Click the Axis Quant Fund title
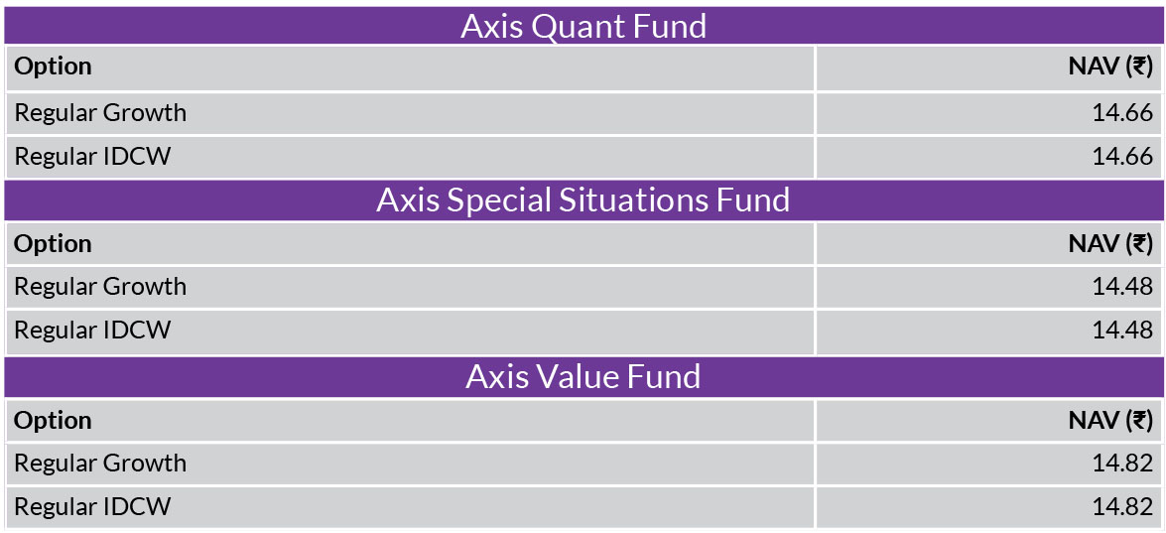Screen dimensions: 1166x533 click(x=583, y=26)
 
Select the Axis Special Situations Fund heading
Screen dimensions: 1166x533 click(x=583, y=200)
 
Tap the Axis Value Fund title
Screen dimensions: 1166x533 click(x=583, y=377)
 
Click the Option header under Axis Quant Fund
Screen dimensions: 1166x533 click(x=53, y=67)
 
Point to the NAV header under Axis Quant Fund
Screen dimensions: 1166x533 click(x=1111, y=67)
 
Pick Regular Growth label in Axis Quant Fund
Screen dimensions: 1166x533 click(x=100, y=113)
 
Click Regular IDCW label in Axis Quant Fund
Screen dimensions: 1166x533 click(x=92, y=157)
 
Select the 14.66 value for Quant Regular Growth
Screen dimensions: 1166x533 click(x=1123, y=113)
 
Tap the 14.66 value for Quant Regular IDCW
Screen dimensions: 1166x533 click(x=1123, y=157)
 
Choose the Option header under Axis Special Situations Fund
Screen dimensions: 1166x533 click(x=53, y=244)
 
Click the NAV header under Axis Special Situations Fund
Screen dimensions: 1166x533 click(x=1111, y=244)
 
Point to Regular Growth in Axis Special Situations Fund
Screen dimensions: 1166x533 click(x=100, y=287)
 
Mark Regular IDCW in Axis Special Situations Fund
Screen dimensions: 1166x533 click(x=92, y=331)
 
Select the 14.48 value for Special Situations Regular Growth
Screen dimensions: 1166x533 click(x=1123, y=287)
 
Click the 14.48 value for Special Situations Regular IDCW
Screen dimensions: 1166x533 click(x=1123, y=331)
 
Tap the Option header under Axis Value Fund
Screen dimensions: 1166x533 click(x=53, y=421)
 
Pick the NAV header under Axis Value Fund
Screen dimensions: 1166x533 click(x=1111, y=421)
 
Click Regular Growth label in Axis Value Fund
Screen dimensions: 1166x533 click(x=100, y=464)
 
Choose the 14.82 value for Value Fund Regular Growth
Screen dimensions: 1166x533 click(x=1123, y=464)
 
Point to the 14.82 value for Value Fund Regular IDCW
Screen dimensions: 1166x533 click(x=1123, y=507)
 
